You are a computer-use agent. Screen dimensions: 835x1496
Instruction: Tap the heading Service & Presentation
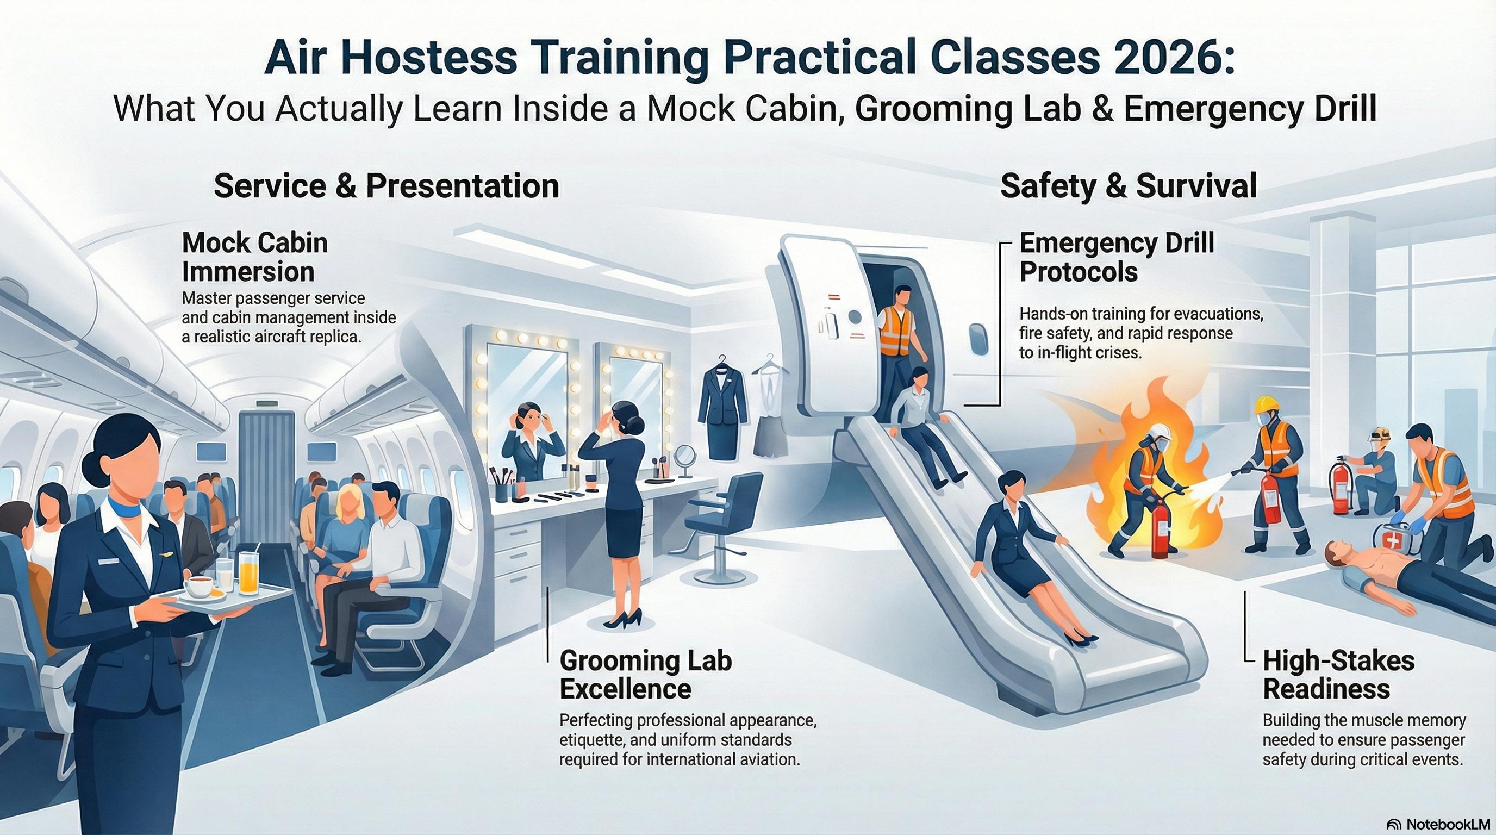pyautogui.click(x=386, y=186)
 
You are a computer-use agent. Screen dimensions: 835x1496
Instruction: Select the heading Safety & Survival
pyautogui.click(x=1129, y=186)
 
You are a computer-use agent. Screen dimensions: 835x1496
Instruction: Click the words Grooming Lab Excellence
pyautogui.click(x=645, y=675)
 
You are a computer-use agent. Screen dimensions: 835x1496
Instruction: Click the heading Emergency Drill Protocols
pyautogui.click(x=1116, y=257)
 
